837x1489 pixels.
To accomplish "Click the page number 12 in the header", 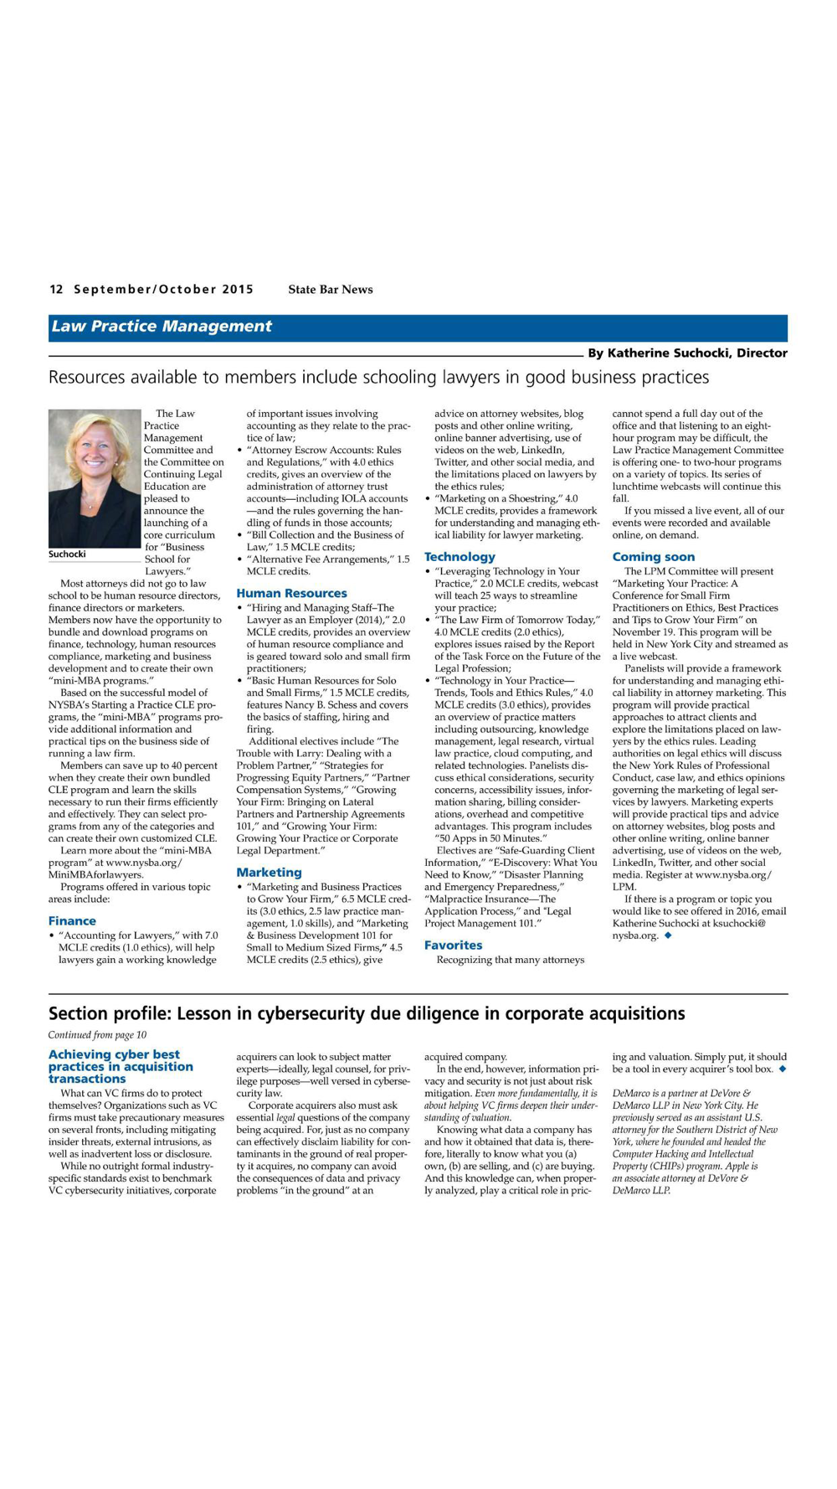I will tap(56, 290).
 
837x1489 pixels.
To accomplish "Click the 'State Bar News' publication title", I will tap(331, 290).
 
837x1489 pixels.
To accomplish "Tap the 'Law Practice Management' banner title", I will tap(162, 327).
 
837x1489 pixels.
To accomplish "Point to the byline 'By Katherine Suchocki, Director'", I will tap(686, 353).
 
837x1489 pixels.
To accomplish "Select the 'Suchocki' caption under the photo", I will tap(67, 554).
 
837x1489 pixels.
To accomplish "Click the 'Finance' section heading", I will tap(72, 921).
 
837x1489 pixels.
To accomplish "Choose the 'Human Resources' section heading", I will tap(291, 594).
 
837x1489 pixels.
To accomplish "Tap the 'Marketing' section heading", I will tap(269, 873).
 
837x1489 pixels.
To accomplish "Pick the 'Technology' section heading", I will tap(460, 557).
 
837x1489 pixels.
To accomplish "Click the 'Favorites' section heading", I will tap(453, 945).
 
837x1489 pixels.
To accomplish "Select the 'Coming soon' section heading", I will tap(653, 557).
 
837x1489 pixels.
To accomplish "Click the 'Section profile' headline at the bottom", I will tap(367, 1014).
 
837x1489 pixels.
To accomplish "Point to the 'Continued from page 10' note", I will tap(97, 1035).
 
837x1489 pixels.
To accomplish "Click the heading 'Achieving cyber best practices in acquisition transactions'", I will tap(121, 1067).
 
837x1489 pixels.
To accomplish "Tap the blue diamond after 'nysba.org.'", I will tap(668, 935).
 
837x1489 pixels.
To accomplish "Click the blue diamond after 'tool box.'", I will tap(782, 1069).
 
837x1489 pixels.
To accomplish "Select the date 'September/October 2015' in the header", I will tap(163, 290).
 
